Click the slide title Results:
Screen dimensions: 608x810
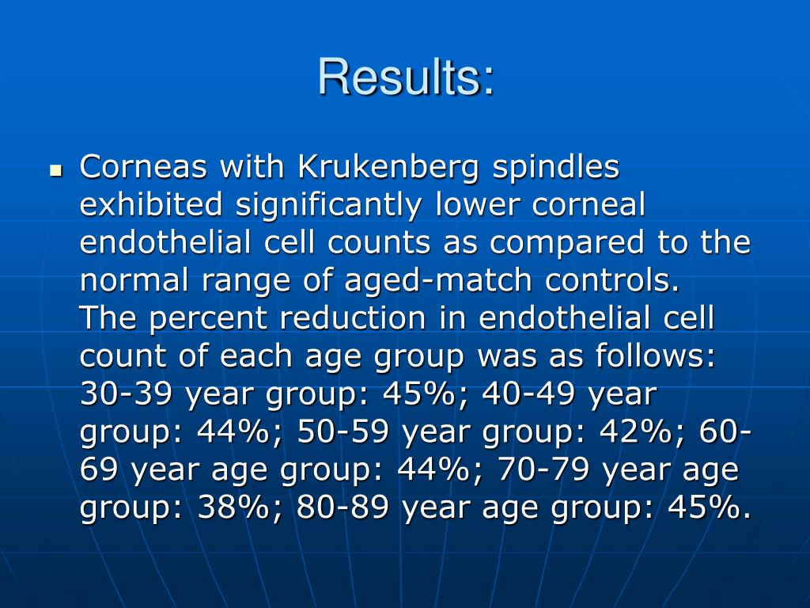tap(406, 78)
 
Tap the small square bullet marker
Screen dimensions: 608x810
tap(55, 170)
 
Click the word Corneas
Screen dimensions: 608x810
tap(144, 167)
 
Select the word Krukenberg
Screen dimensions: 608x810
tap(389, 167)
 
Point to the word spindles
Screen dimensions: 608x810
tap(556, 167)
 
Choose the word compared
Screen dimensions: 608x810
tap(574, 242)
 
